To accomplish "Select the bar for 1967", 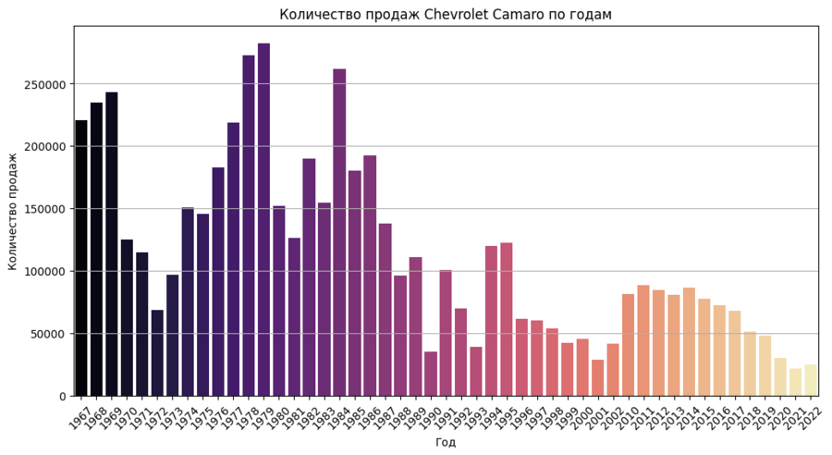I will (x=81, y=258).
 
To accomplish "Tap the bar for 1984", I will (x=339, y=232).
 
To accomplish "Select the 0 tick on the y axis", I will (x=63, y=396).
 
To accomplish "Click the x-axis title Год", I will (x=446, y=442).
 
